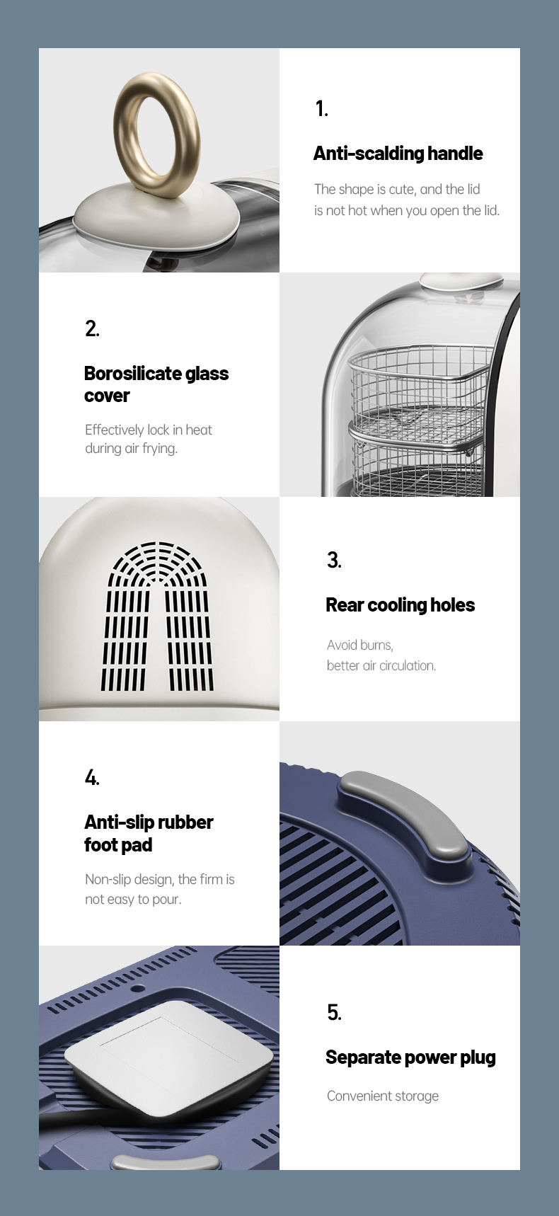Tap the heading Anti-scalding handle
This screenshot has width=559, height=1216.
(398, 154)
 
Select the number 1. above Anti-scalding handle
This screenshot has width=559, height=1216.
(322, 108)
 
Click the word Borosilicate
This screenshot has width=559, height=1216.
(132, 374)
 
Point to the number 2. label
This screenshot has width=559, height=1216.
(92, 328)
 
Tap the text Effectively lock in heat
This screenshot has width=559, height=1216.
(149, 430)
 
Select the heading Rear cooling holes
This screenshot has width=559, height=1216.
(400, 605)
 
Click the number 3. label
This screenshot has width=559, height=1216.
(334, 561)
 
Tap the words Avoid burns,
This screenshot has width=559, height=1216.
(360, 645)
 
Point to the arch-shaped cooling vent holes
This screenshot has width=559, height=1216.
(157, 616)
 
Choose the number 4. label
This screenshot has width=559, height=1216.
(92, 778)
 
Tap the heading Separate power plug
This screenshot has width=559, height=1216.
(410, 1057)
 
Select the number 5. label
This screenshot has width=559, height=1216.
(334, 1013)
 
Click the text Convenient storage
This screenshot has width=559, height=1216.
(383, 1096)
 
